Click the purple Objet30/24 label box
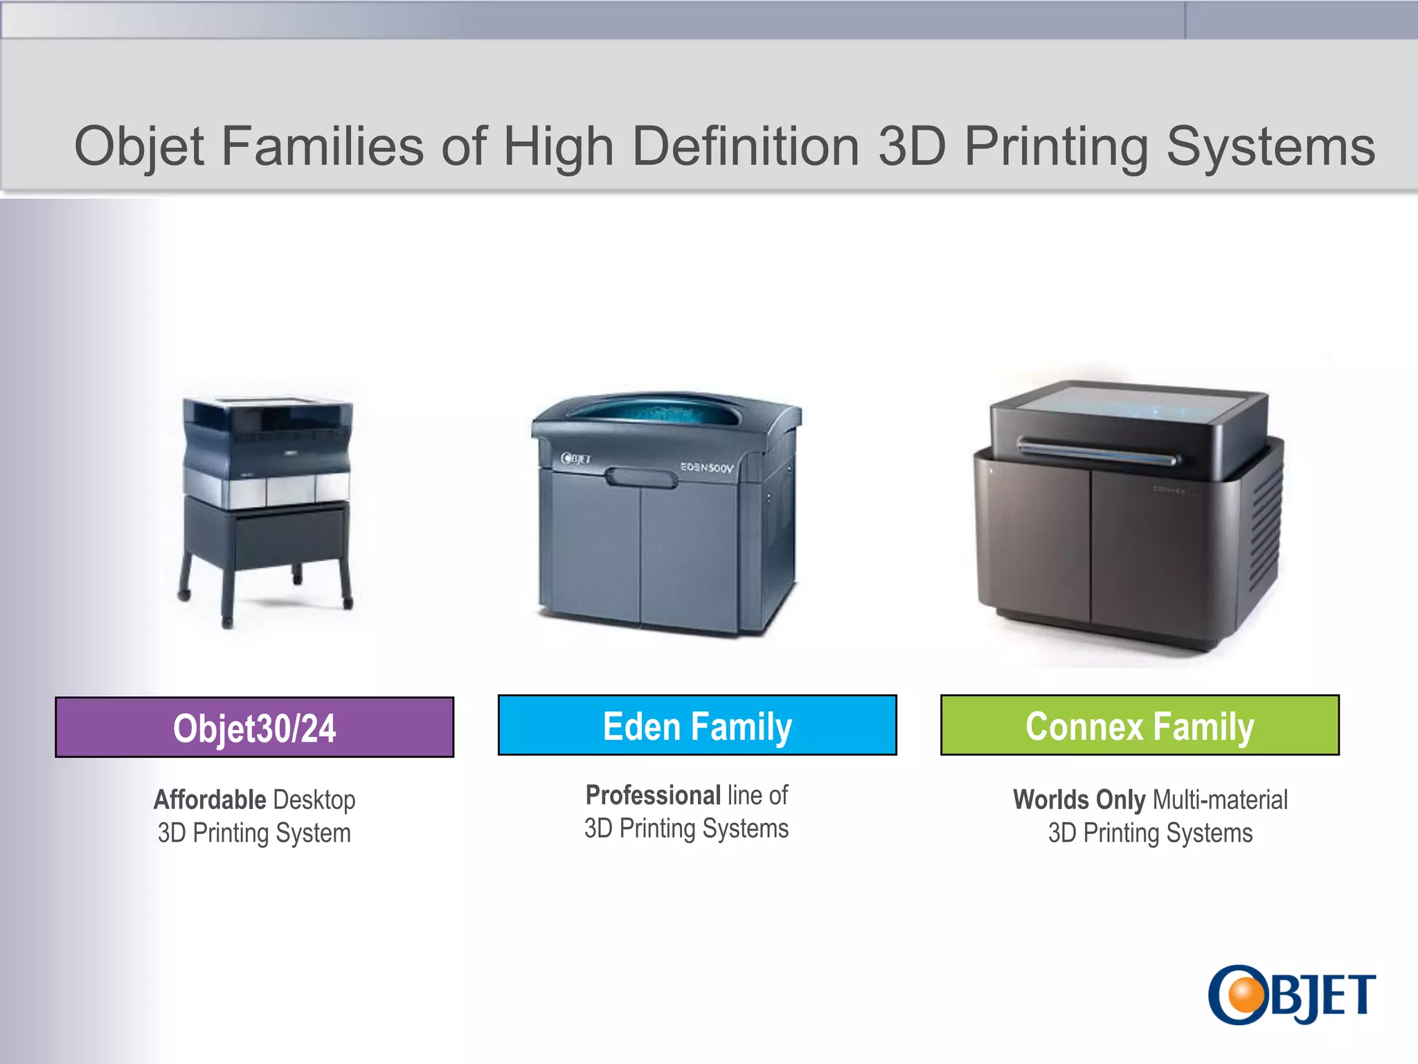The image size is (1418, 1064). [x=254, y=727]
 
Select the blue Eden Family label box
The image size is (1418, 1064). [x=697, y=725]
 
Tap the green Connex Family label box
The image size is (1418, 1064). [x=1139, y=725]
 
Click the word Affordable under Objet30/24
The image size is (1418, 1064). [x=210, y=800]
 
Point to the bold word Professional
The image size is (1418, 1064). [x=653, y=795]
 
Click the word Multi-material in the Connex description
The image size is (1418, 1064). [x=1220, y=800]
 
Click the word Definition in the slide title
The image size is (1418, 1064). [x=746, y=147]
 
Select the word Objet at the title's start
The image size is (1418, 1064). [x=138, y=147]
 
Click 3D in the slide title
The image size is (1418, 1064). [x=912, y=147]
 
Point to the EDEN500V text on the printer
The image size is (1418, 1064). [x=706, y=468]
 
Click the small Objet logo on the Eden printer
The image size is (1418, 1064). [x=575, y=458]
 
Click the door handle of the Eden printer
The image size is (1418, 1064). [x=641, y=478]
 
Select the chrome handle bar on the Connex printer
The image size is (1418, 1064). [x=1097, y=451]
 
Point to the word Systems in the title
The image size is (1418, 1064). [x=1271, y=147]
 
